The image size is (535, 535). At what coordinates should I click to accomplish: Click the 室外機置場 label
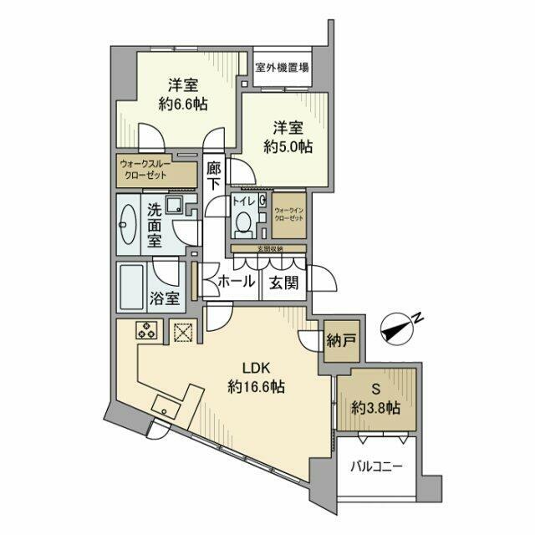283,68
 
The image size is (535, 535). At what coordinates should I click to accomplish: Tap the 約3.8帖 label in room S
375,409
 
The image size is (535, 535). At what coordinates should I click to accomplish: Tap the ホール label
237,283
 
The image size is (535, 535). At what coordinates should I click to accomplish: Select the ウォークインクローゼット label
288,218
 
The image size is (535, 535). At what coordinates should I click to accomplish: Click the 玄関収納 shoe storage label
268,249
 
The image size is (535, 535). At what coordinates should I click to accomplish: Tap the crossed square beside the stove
182,332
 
